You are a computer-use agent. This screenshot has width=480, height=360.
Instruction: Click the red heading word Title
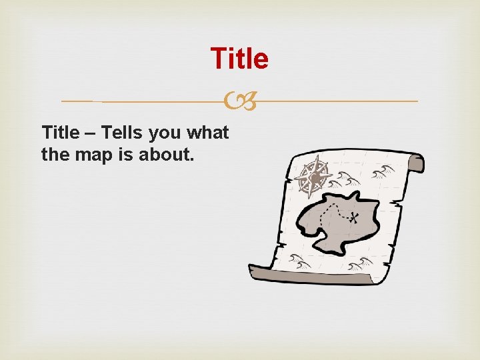[x=239, y=59]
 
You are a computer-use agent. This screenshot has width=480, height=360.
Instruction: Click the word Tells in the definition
[x=121, y=133]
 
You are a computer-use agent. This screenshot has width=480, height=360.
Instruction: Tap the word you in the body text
[x=164, y=133]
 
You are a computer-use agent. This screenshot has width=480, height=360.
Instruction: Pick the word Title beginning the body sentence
[x=60, y=133]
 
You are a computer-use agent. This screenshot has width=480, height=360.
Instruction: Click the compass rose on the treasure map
[x=311, y=177]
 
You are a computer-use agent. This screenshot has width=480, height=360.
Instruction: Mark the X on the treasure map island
[x=354, y=217]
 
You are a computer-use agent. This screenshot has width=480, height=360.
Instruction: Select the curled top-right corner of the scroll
[x=415, y=162]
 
